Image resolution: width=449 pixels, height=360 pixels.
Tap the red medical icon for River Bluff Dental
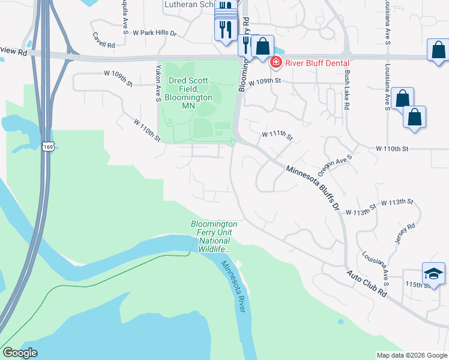tap(276, 61)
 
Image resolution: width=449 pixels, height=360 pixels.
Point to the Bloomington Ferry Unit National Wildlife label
tap(214, 236)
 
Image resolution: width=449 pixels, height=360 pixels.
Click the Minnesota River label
tap(232, 286)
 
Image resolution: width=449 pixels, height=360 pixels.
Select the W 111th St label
tap(277, 136)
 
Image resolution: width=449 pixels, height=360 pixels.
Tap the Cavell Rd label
tap(104, 44)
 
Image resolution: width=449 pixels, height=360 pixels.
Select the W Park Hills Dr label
tap(155, 32)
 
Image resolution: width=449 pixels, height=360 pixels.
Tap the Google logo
tap(20, 352)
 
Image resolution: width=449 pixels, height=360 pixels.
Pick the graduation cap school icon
tap(433, 274)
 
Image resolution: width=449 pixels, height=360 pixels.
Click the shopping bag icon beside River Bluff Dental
tap(262, 46)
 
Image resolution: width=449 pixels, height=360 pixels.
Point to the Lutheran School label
tap(189, 4)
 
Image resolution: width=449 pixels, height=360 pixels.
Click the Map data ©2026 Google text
tap(411, 355)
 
